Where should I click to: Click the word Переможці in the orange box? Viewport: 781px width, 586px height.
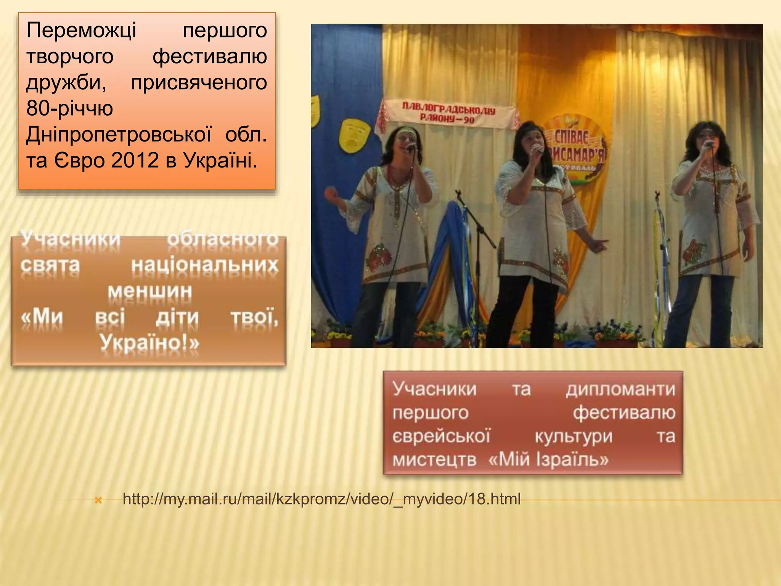click(81, 30)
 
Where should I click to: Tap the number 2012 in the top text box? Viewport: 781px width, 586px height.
click(135, 160)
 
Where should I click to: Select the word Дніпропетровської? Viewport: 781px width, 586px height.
click(119, 134)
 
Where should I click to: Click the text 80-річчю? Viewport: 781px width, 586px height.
click(70, 108)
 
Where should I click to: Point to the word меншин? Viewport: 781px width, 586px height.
click(150, 291)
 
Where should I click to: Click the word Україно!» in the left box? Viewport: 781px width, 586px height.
click(149, 342)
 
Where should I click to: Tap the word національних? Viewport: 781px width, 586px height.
click(205, 265)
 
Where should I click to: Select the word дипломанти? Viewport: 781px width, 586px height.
click(620, 390)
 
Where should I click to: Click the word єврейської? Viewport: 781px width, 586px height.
click(441, 436)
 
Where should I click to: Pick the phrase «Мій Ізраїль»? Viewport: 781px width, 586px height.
click(548, 459)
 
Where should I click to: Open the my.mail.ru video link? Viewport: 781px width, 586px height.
click(321, 499)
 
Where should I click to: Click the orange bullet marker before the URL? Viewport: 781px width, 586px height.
click(98, 500)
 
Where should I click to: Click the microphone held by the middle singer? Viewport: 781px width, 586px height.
click(538, 149)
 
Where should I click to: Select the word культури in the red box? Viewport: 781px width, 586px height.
click(574, 436)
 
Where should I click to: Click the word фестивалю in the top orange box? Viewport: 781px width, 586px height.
click(210, 56)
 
